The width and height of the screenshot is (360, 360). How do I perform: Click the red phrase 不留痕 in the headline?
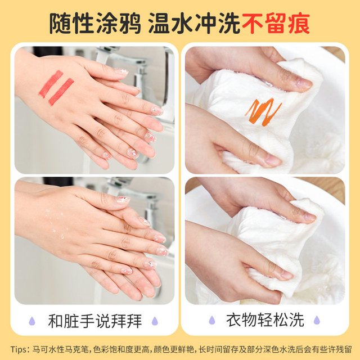276,24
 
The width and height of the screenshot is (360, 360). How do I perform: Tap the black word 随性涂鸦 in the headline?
95,24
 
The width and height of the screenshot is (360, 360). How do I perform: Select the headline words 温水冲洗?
195,24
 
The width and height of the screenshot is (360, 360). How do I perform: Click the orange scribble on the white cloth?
263,112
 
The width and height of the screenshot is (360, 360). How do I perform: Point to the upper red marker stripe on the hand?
51,83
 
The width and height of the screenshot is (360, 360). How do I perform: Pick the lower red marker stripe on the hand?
61,92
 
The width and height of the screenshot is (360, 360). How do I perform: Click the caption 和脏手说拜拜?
95,321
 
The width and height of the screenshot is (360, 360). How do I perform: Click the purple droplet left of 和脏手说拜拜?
32,321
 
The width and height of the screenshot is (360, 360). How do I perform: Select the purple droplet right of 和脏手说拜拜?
155,321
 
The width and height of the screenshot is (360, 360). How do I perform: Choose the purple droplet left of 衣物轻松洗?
212,320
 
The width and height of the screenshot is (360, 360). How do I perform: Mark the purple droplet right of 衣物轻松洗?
317,320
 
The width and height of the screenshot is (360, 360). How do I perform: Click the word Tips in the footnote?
19,349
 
